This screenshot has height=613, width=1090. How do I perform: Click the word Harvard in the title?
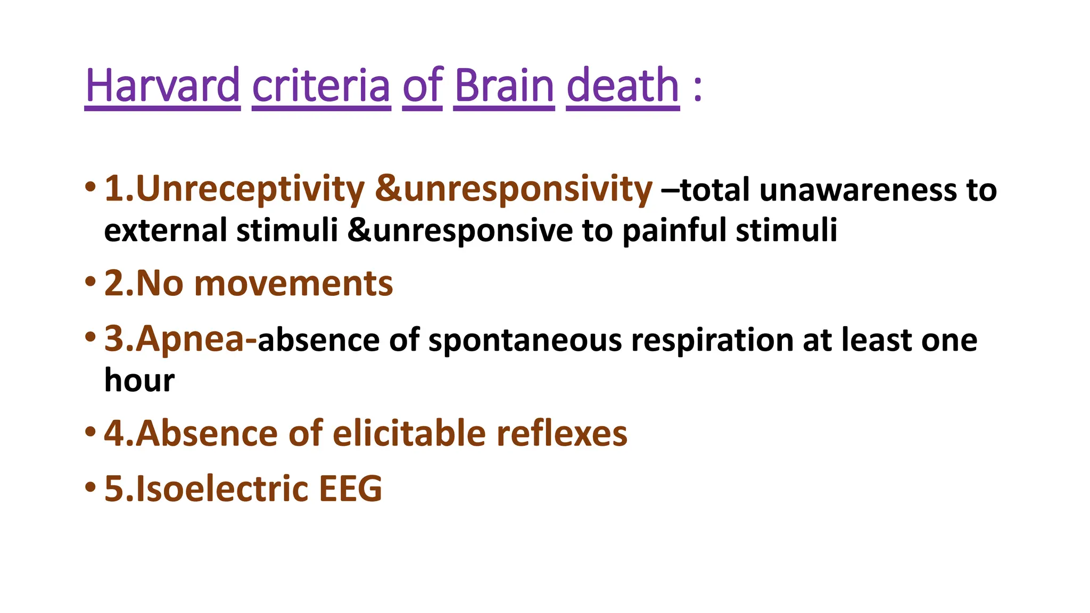(x=162, y=86)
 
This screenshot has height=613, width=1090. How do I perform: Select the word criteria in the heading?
(x=321, y=86)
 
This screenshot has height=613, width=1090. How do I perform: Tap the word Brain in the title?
(x=504, y=86)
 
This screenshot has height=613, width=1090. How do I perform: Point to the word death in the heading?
(x=623, y=86)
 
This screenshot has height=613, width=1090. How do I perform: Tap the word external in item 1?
(x=166, y=230)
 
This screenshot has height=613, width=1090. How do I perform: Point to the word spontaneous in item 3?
(x=525, y=341)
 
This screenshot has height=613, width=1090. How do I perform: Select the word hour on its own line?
(x=139, y=380)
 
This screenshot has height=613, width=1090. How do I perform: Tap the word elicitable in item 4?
(x=409, y=433)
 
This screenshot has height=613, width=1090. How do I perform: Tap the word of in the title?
(x=422, y=86)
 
